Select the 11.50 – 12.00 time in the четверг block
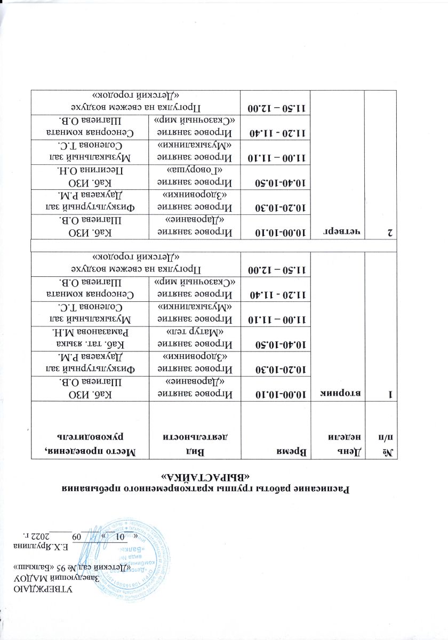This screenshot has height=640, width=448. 273,108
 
